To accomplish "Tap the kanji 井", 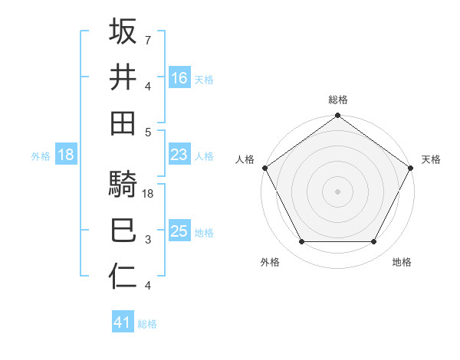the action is [x=123, y=77].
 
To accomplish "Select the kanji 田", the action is [x=123, y=123].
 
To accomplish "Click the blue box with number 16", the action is [x=179, y=78].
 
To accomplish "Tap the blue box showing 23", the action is [x=179, y=155].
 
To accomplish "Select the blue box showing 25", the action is [x=179, y=232].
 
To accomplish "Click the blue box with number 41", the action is [x=123, y=323].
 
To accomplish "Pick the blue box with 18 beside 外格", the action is [x=66, y=155].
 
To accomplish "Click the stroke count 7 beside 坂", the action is [x=147, y=40].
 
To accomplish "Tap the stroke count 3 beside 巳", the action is [x=147, y=241].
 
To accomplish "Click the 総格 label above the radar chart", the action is [x=337, y=100].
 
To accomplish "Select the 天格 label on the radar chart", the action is [x=431, y=159].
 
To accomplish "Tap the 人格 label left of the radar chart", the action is [x=244, y=159].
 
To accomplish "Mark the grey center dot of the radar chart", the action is [x=337, y=191].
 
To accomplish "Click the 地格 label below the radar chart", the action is [x=402, y=262].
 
